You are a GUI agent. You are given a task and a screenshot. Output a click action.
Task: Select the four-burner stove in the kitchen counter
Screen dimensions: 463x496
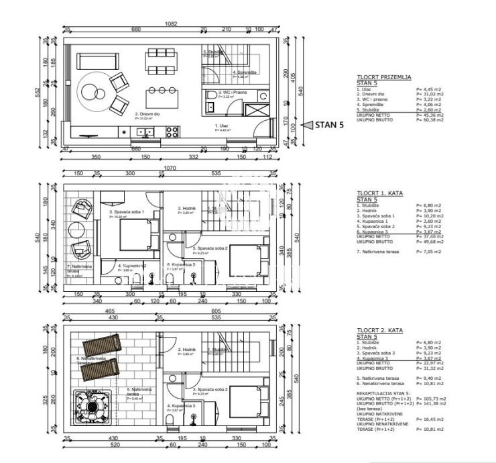(172, 130)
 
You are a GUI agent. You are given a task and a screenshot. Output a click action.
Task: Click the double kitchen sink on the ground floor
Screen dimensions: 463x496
(143, 131)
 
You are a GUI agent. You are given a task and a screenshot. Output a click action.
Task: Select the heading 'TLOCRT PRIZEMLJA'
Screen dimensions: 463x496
(383, 78)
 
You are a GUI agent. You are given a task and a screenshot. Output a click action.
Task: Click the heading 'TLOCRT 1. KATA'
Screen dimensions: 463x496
(379, 193)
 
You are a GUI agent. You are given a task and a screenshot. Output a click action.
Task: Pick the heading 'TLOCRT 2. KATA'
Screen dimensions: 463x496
(379, 331)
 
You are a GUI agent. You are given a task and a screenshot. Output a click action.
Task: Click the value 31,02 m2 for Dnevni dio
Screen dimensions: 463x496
(430, 94)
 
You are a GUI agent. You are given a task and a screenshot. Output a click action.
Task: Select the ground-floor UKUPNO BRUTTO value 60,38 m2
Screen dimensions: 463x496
(430, 119)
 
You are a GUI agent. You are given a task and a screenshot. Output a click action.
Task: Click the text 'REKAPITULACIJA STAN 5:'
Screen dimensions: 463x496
(384, 393)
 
